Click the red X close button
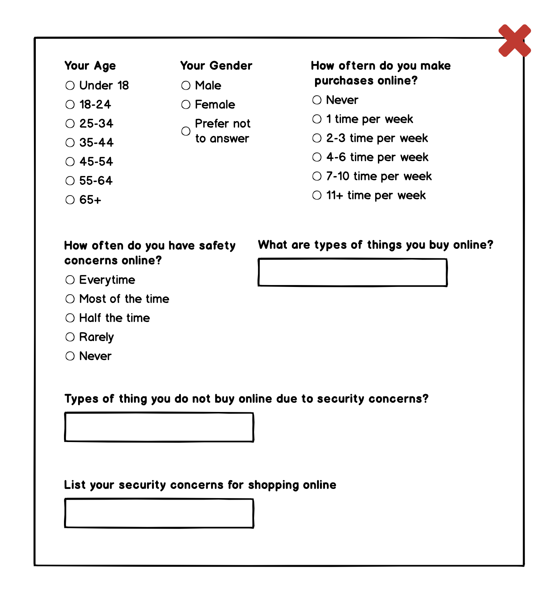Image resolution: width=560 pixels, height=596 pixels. [x=515, y=40]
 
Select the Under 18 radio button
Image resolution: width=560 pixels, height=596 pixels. [x=70, y=85]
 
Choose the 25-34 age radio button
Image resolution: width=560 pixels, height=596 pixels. [x=70, y=123]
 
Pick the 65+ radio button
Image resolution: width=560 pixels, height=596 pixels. [x=70, y=200]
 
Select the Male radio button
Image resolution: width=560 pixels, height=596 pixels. [x=186, y=85]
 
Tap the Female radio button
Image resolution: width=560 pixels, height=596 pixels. [x=186, y=104]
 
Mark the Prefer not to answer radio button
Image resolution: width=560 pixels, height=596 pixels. [x=186, y=131]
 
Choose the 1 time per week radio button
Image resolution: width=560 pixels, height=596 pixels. [x=317, y=119]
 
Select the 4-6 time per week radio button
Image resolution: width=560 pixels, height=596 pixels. [x=317, y=157]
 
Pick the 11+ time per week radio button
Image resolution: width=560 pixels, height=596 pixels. [x=317, y=195]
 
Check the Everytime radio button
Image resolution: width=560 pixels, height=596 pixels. [x=70, y=280]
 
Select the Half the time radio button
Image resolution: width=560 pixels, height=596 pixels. [x=70, y=318]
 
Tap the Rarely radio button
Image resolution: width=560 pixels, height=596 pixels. [x=70, y=337]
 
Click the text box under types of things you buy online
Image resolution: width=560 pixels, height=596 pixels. [x=352, y=272]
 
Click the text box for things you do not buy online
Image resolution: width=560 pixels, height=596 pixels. [x=159, y=427]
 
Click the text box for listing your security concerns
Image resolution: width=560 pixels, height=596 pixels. [x=159, y=513]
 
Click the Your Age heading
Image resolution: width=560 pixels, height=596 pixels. [x=90, y=66]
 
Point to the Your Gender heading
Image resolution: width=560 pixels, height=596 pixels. [x=216, y=66]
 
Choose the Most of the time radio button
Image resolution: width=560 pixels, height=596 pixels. [x=70, y=299]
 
